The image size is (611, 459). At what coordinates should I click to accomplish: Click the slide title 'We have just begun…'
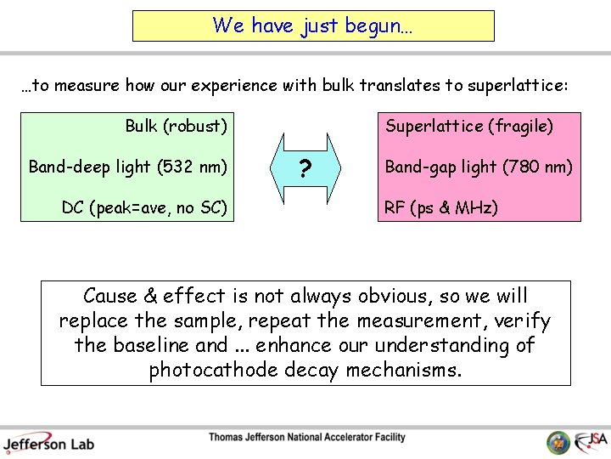point(313,25)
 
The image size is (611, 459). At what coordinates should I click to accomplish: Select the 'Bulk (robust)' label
point(176,127)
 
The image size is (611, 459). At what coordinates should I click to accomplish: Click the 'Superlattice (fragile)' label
point(469,127)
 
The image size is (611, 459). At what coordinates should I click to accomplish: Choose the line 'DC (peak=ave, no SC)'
point(144,207)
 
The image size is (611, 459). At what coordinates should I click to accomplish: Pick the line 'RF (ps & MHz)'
point(441,207)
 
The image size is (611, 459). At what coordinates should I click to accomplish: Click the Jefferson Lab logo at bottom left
point(48,442)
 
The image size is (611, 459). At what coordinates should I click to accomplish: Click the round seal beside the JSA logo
point(558,442)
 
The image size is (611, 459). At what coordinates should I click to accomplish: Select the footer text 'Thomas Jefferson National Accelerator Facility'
point(307,438)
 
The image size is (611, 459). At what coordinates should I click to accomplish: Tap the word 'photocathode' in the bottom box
point(202,370)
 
